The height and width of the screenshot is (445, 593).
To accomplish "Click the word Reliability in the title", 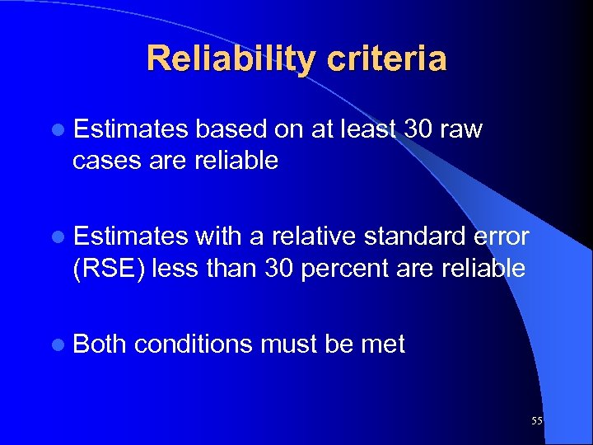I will tap(228, 59).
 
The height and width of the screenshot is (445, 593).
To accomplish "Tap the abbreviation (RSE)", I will tap(108, 269).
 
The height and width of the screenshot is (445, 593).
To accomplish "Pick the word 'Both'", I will tap(100, 344).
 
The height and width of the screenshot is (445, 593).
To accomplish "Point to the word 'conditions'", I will tap(194, 344).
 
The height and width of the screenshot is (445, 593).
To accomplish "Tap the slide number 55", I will tap(537, 421).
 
